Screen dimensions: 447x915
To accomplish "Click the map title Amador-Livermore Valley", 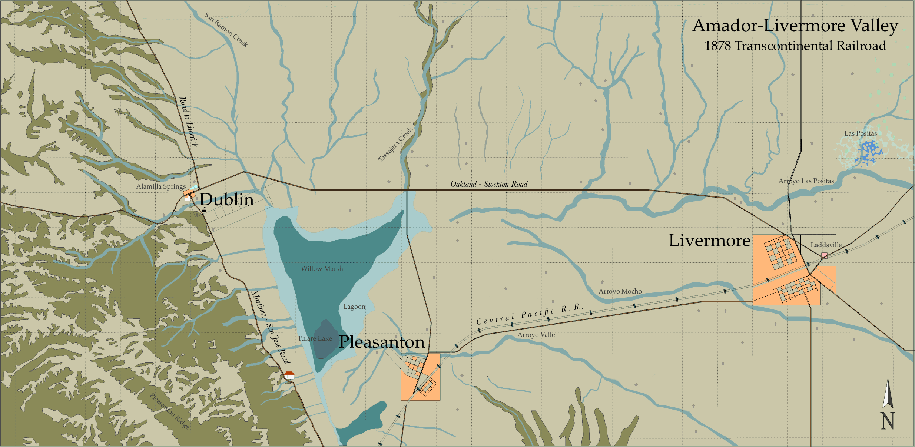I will click(795, 26).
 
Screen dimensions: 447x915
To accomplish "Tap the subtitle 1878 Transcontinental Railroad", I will click(795, 46).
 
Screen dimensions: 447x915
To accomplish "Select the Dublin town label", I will click(227, 200).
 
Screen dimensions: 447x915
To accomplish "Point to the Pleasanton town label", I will click(382, 342).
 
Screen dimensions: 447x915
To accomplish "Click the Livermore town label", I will click(709, 241).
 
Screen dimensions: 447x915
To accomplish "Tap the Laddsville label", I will click(826, 245).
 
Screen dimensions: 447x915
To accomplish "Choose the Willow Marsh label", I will click(322, 269).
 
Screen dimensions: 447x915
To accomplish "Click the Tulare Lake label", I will click(315, 338).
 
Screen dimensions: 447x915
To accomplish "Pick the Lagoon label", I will click(354, 307).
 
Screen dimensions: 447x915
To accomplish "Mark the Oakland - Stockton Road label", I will click(489, 184).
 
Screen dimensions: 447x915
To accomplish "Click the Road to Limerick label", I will click(189, 122).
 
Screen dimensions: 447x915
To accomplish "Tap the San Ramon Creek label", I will click(226, 30).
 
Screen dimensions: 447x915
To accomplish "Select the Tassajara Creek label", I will click(395, 144).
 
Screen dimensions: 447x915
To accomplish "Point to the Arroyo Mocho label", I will click(620, 291).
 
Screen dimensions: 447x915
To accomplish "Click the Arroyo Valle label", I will click(536, 335).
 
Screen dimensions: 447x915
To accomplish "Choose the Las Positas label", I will click(860, 133).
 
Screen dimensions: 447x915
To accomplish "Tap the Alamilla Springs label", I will click(161, 186).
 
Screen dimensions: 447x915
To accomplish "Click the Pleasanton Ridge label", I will click(170, 411).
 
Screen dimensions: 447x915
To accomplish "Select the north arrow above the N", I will click(888, 394).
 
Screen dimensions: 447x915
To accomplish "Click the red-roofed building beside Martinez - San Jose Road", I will click(289, 375).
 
